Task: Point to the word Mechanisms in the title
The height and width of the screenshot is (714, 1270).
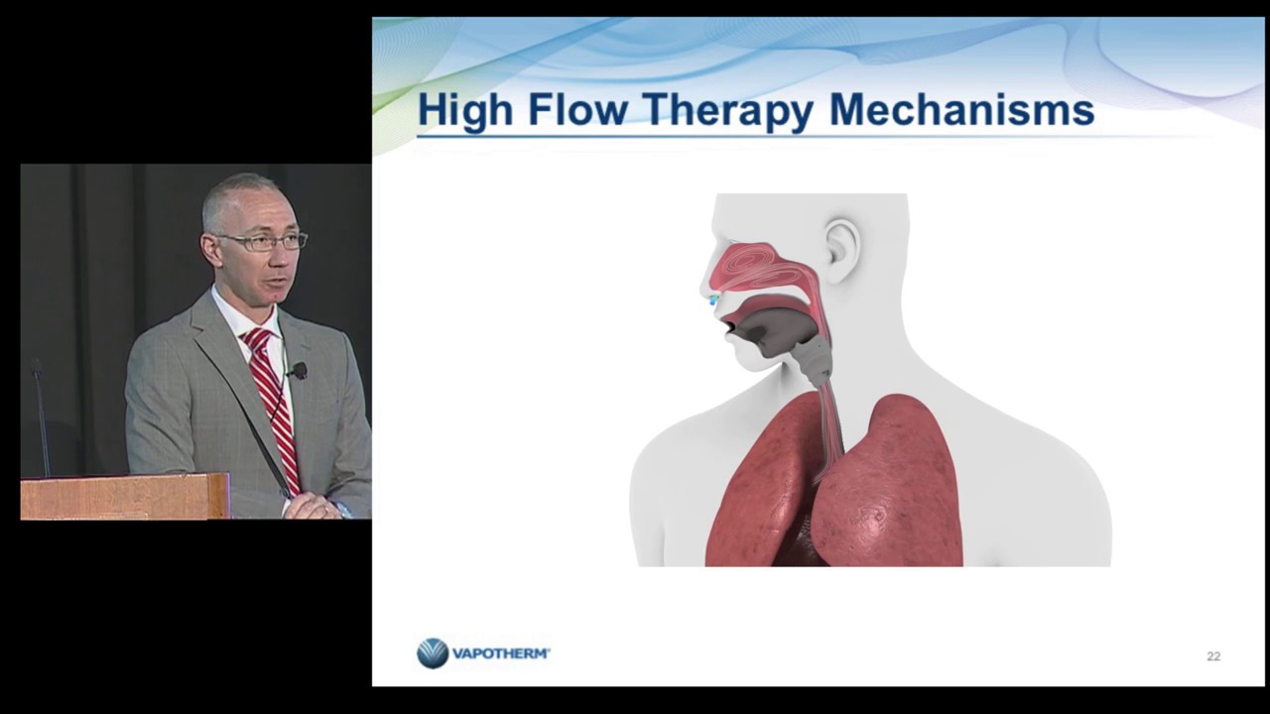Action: (x=961, y=110)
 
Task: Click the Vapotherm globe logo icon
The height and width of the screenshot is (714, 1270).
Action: (x=433, y=654)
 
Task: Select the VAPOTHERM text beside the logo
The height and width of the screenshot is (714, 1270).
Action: (x=501, y=654)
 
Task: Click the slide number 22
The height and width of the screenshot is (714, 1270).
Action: (x=1213, y=656)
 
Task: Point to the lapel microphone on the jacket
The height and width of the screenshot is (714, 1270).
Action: (x=299, y=371)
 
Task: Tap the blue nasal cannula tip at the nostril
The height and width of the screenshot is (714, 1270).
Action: (x=713, y=299)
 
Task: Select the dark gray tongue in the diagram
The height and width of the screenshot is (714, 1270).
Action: (x=774, y=330)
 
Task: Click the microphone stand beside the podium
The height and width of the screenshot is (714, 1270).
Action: (x=42, y=416)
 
